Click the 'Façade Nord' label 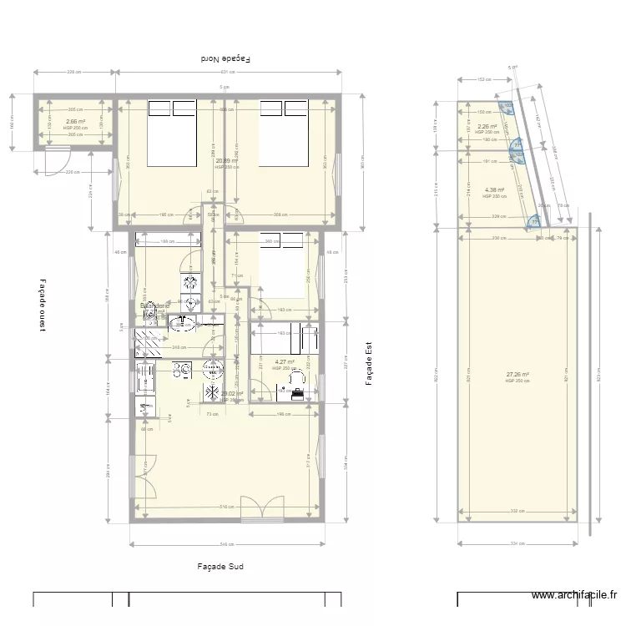(x=226, y=59)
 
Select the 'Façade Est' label (x=368, y=365)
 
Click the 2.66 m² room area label (x=75, y=121)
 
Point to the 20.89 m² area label (x=226, y=161)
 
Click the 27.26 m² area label (x=517, y=375)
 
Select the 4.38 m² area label (x=494, y=190)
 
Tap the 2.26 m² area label (x=487, y=127)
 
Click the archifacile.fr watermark (x=574, y=595)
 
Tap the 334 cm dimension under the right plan (x=517, y=544)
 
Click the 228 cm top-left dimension (x=73, y=73)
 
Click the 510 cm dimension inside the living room (x=225, y=507)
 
